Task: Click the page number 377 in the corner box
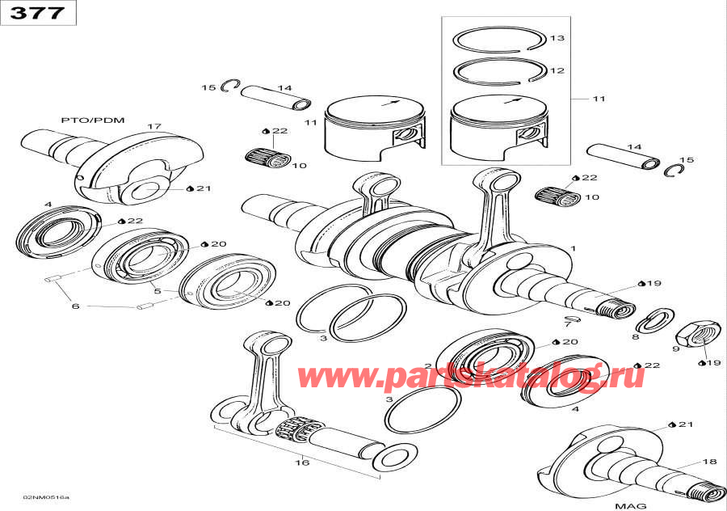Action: point(38,13)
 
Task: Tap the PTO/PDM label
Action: point(94,120)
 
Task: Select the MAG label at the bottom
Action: point(630,505)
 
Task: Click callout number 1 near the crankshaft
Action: point(573,248)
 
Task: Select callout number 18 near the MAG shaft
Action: point(708,462)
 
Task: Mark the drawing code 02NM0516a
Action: point(46,496)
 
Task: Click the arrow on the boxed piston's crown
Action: point(511,101)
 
